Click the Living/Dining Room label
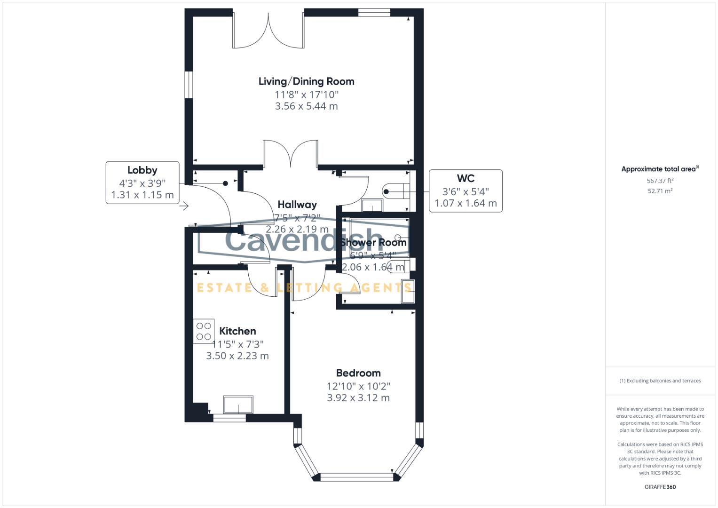point(306,81)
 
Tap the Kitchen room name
point(237,331)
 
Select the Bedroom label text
point(358,373)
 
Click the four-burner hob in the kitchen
point(204,331)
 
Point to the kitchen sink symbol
point(238,405)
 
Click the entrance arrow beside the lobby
point(184,206)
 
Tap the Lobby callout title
point(142,170)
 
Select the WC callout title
point(466,179)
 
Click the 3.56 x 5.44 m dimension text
point(306,106)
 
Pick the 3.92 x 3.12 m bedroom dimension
point(358,398)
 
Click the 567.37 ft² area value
point(660,181)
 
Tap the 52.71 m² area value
point(660,191)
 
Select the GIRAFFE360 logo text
point(660,487)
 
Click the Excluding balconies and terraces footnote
point(660,381)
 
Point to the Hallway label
point(297,205)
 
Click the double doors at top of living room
point(268,31)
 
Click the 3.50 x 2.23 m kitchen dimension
point(237,356)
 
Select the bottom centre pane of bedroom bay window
point(356,477)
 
